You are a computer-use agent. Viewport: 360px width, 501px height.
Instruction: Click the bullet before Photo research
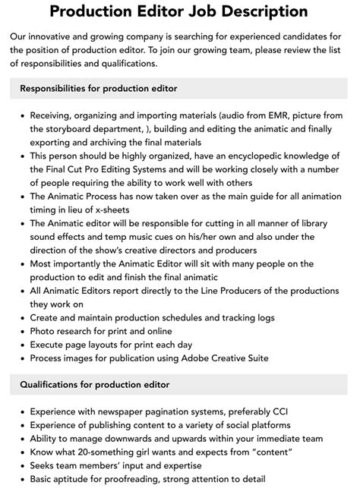point(19,331)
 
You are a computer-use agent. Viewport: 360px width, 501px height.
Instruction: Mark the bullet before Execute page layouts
point(19,345)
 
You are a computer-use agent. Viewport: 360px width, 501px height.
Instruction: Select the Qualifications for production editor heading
point(93,385)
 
